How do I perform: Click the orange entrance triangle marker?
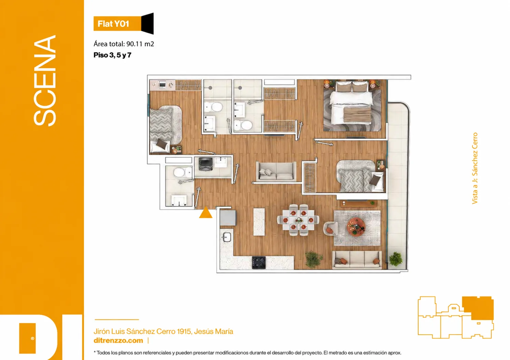(x=206, y=213)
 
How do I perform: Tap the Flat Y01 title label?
(x=113, y=24)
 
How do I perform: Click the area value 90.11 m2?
(x=140, y=44)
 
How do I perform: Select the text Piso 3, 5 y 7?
(x=112, y=55)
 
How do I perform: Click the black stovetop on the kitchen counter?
(x=259, y=263)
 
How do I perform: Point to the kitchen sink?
(x=226, y=237)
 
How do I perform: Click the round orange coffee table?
(x=356, y=226)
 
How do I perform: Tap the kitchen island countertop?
(x=259, y=222)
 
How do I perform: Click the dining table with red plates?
(x=298, y=220)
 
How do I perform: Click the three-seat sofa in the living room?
(x=357, y=260)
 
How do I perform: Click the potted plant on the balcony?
(x=396, y=259)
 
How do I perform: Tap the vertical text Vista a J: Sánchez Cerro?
(x=474, y=168)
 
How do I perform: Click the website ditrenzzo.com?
(x=118, y=341)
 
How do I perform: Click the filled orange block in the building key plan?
(x=478, y=308)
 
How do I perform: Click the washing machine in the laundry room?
(x=206, y=164)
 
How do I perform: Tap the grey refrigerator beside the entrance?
(x=228, y=218)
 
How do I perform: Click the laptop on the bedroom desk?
(x=162, y=85)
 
